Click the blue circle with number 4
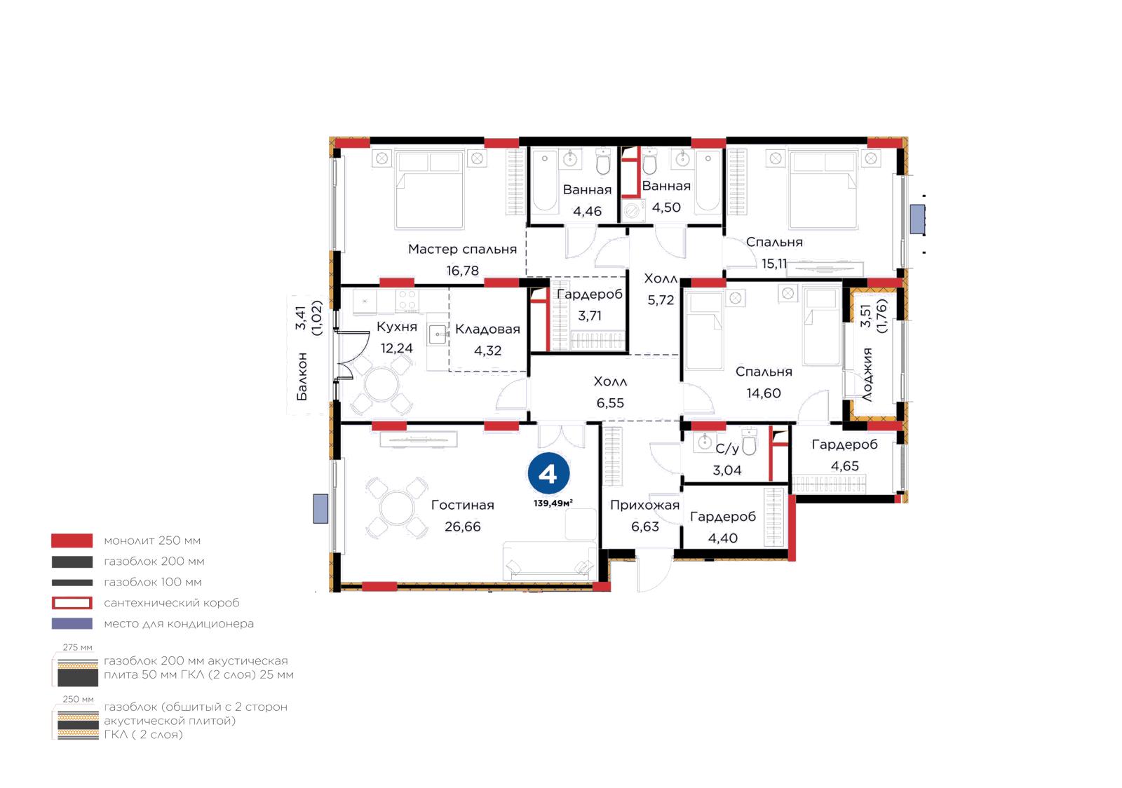pyautogui.click(x=548, y=473)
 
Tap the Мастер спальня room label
pyautogui.click(x=462, y=250)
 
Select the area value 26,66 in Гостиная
pyautogui.click(x=462, y=527)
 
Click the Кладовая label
pyautogui.click(x=487, y=329)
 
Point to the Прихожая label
pyautogui.click(x=644, y=505)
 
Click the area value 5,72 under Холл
pyautogui.click(x=661, y=300)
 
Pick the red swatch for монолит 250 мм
pyautogui.click(x=72, y=541)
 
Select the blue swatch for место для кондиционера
pyautogui.click(x=72, y=623)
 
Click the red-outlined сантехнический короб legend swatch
pyautogui.click(x=72, y=603)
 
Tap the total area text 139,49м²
pyautogui.click(x=553, y=503)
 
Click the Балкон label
pyautogui.click(x=302, y=376)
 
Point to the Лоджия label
pyautogui.click(x=867, y=374)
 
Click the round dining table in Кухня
pyautogui.click(x=381, y=385)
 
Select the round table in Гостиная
pyautogui.click(x=397, y=508)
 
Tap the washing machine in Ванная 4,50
pyautogui.click(x=633, y=211)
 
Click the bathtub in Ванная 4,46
pyautogui.click(x=545, y=180)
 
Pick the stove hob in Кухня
pyautogui.click(x=407, y=300)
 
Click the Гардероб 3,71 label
pyautogui.click(x=590, y=304)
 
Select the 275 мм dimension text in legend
pyautogui.click(x=78, y=647)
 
